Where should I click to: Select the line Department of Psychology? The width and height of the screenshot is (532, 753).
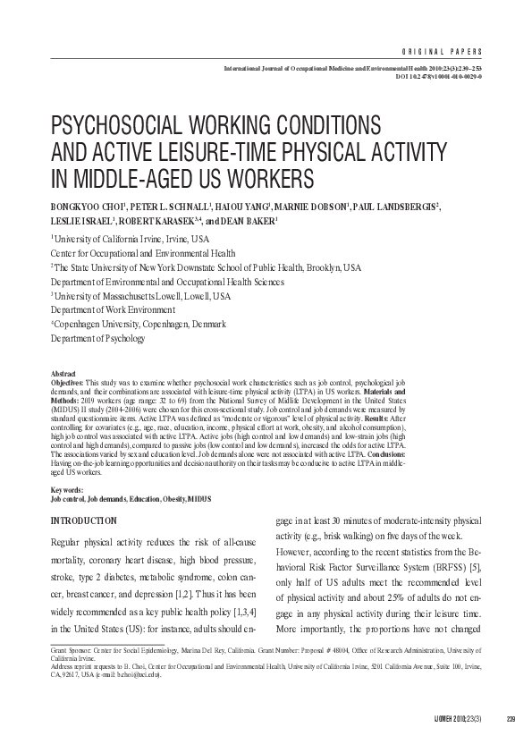point(97,339)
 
